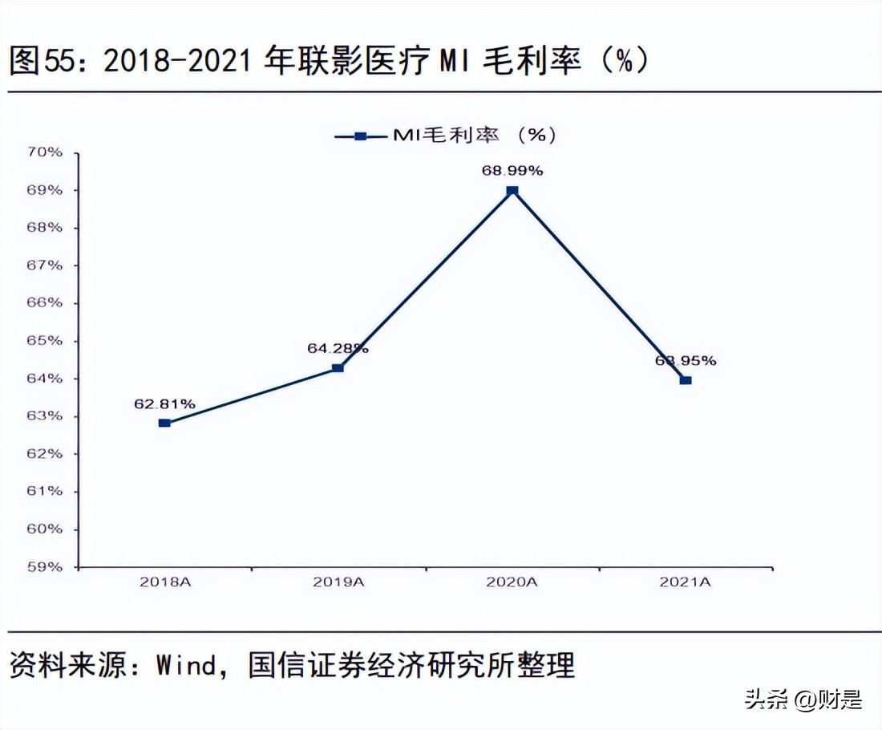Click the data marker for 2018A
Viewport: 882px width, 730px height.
[x=164, y=423]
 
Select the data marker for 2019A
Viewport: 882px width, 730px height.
[x=338, y=368]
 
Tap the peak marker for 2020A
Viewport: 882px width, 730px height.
[x=512, y=191]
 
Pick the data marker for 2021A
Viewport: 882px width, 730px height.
[x=686, y=380]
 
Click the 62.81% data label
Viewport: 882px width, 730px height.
[x=164, y=404]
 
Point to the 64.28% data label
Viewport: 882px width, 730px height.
[x=338, y=349]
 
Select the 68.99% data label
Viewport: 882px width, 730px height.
[x=512, y=171]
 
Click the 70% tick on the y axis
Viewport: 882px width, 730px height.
[x=47, y=152]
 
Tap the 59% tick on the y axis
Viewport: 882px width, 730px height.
[x=47, y=567]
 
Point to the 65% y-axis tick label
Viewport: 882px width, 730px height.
[x=47, y=341]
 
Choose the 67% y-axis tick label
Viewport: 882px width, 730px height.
[x=47, y=266]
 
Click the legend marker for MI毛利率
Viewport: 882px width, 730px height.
[x=360, y=136]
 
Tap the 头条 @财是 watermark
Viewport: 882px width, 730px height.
[x=803, y=699]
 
